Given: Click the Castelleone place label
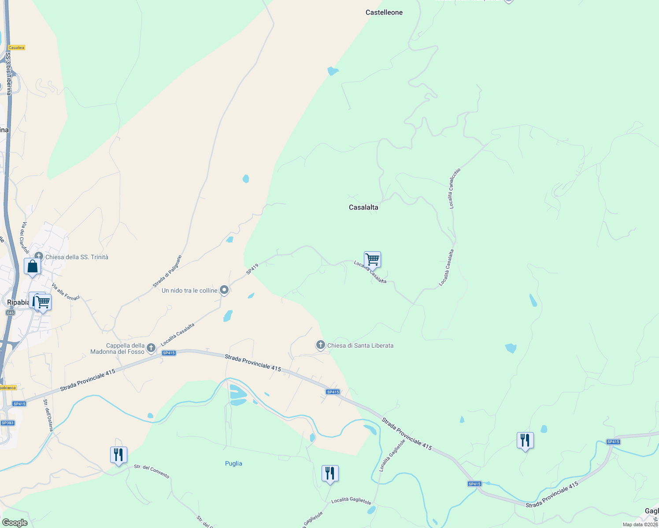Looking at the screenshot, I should tap(384, 12).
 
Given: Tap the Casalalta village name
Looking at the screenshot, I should tap(363, 207).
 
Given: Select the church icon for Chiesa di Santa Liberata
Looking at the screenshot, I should tap(321, 345).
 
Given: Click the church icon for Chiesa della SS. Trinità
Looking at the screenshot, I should tap(39, 257).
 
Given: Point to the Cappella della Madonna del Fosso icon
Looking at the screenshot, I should tap(151, 348).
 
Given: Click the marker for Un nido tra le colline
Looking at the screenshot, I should tap(224, 290).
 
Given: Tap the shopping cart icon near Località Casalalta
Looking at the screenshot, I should tap(372, 260).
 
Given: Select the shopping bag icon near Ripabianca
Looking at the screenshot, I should tap(32, 266).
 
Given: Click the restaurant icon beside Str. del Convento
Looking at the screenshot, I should tap(118, 455).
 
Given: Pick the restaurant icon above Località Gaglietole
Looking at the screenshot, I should tap(330, 473).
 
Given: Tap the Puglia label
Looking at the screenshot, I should tap(233, 463).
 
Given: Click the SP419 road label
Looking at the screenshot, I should tap(252, 269).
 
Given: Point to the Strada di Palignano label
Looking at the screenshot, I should tap(167, 271).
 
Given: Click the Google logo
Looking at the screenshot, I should tap(15, 523).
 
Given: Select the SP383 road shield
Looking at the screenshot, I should tap(7, 423).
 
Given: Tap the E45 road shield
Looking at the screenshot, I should tap(10, 312).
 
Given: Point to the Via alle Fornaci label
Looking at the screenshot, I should tap(66, 292).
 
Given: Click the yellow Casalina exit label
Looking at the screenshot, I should tap(16, 48).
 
